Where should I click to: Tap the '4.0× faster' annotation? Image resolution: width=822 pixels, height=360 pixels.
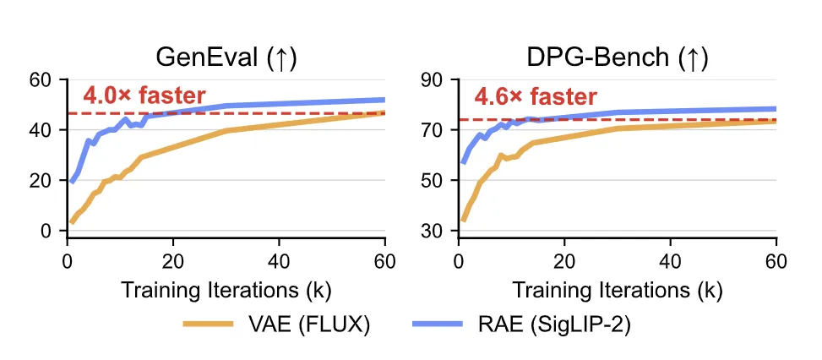coord(144,96)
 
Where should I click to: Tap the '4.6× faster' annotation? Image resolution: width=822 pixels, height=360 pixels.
coord(536,97)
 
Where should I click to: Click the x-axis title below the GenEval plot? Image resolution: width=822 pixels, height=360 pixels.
coord(226,291)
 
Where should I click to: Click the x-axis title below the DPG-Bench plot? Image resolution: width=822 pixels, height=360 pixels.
coord(617,291)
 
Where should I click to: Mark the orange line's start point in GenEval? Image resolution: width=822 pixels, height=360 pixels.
coord(73,221)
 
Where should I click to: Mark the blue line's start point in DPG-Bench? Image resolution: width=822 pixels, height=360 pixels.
coord(463,162)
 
